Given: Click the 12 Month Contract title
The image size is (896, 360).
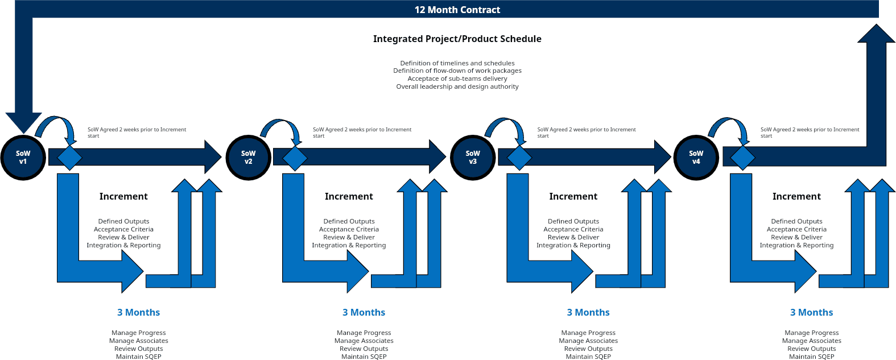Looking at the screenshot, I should (457, 10).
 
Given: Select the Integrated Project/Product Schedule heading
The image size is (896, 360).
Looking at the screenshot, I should (457, 39).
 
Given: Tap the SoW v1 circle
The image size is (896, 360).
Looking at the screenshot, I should (23, 158).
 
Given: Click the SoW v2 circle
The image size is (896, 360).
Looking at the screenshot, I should (248, 158).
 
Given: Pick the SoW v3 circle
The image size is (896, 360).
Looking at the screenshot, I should (472, 158).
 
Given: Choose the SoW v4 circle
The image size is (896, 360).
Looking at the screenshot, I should (696, 158).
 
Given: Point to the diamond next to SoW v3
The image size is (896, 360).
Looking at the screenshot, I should (519, 157).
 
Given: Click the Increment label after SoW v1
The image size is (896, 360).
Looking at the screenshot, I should (123, 196).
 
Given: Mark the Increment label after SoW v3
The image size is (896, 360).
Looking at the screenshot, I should (573, 196).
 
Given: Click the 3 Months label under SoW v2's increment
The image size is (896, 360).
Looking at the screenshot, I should (364, 312).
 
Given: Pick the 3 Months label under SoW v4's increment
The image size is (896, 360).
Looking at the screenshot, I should (811, 312).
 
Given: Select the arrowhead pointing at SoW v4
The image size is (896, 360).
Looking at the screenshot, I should (662, 157).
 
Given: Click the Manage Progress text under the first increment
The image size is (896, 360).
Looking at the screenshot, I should (139, 333).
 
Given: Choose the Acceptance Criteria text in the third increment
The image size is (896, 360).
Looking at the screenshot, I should (573, 229).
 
